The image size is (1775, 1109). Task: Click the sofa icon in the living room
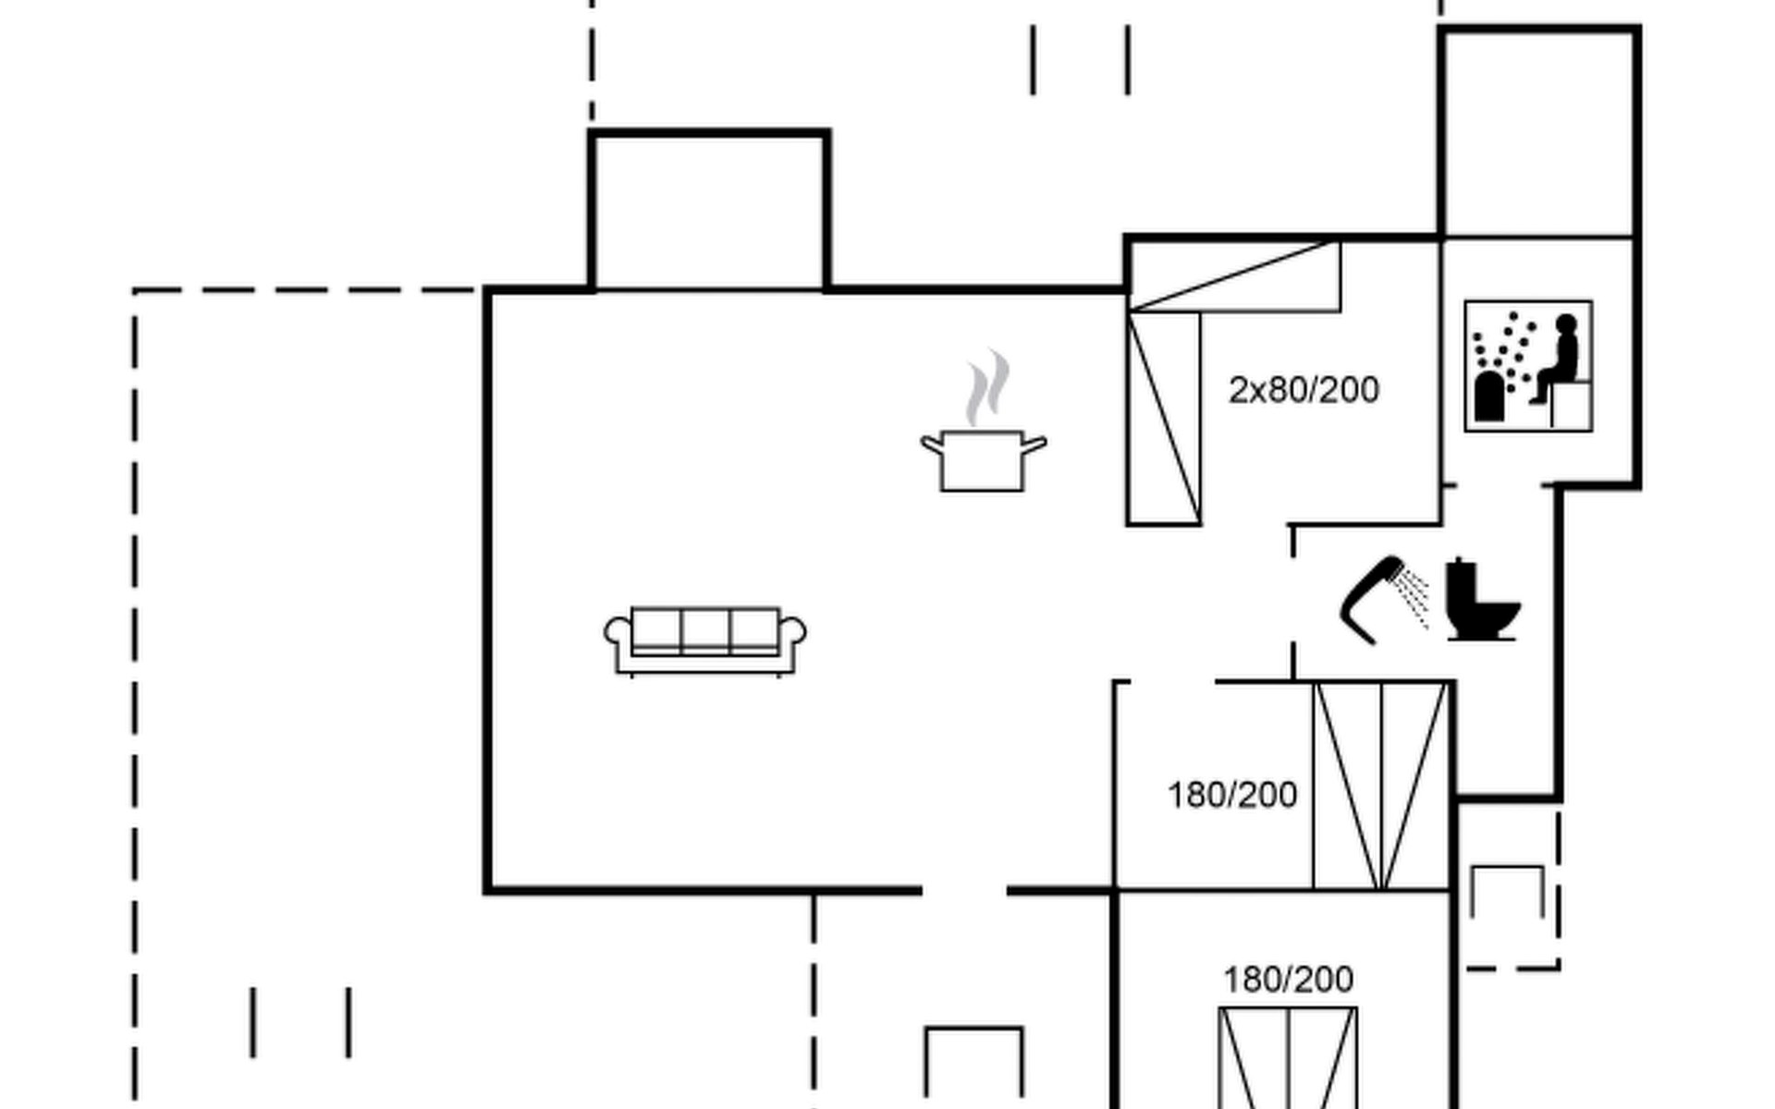(704, 641)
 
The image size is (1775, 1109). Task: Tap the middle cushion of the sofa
(705, 630)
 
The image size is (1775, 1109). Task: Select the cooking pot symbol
(984, 459)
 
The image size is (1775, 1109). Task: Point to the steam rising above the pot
(986, 388)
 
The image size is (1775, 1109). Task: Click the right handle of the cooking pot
(1034, 445)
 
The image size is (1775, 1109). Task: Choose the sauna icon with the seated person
(1528, 366)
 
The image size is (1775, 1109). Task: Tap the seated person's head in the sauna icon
(1566, 324)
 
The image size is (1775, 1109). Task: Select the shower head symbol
(1383, 599)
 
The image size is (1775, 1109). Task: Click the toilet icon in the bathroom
(1482, 600)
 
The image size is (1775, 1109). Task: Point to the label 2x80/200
(1304, 391)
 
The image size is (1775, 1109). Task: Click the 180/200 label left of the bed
(1232, 796)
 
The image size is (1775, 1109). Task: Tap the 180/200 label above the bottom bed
(1288, 980)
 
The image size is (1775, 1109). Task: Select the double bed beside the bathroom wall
(1380, 786)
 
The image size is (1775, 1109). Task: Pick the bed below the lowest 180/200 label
(1288, 1058)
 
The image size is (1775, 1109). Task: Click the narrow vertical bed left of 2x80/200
(1164, 418)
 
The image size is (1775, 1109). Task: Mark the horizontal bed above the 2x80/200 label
(1234, 276)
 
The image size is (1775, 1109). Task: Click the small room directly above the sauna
(1539, 134)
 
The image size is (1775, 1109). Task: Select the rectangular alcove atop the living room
(709, 212)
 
